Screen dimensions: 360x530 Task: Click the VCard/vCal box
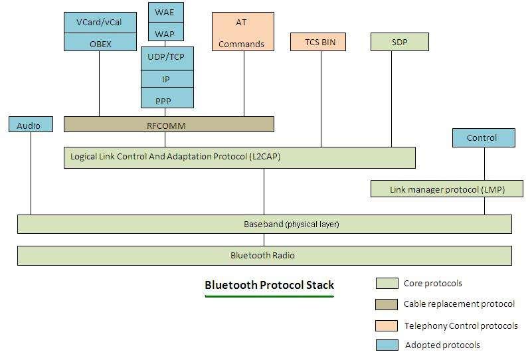point(100,23)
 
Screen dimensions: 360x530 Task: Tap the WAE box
point(165,13)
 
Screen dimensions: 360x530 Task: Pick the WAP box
point(165,33)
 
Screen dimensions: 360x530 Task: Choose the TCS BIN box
point(320,42)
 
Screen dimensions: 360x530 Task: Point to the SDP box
point(400,42)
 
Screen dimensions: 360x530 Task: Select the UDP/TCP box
point(167,57)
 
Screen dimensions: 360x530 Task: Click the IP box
point(167,79)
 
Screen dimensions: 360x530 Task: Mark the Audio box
point(31,125)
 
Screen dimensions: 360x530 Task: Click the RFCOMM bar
point(169,124)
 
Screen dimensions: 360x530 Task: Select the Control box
point(483,138)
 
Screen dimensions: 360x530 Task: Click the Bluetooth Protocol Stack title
point(269,286)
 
